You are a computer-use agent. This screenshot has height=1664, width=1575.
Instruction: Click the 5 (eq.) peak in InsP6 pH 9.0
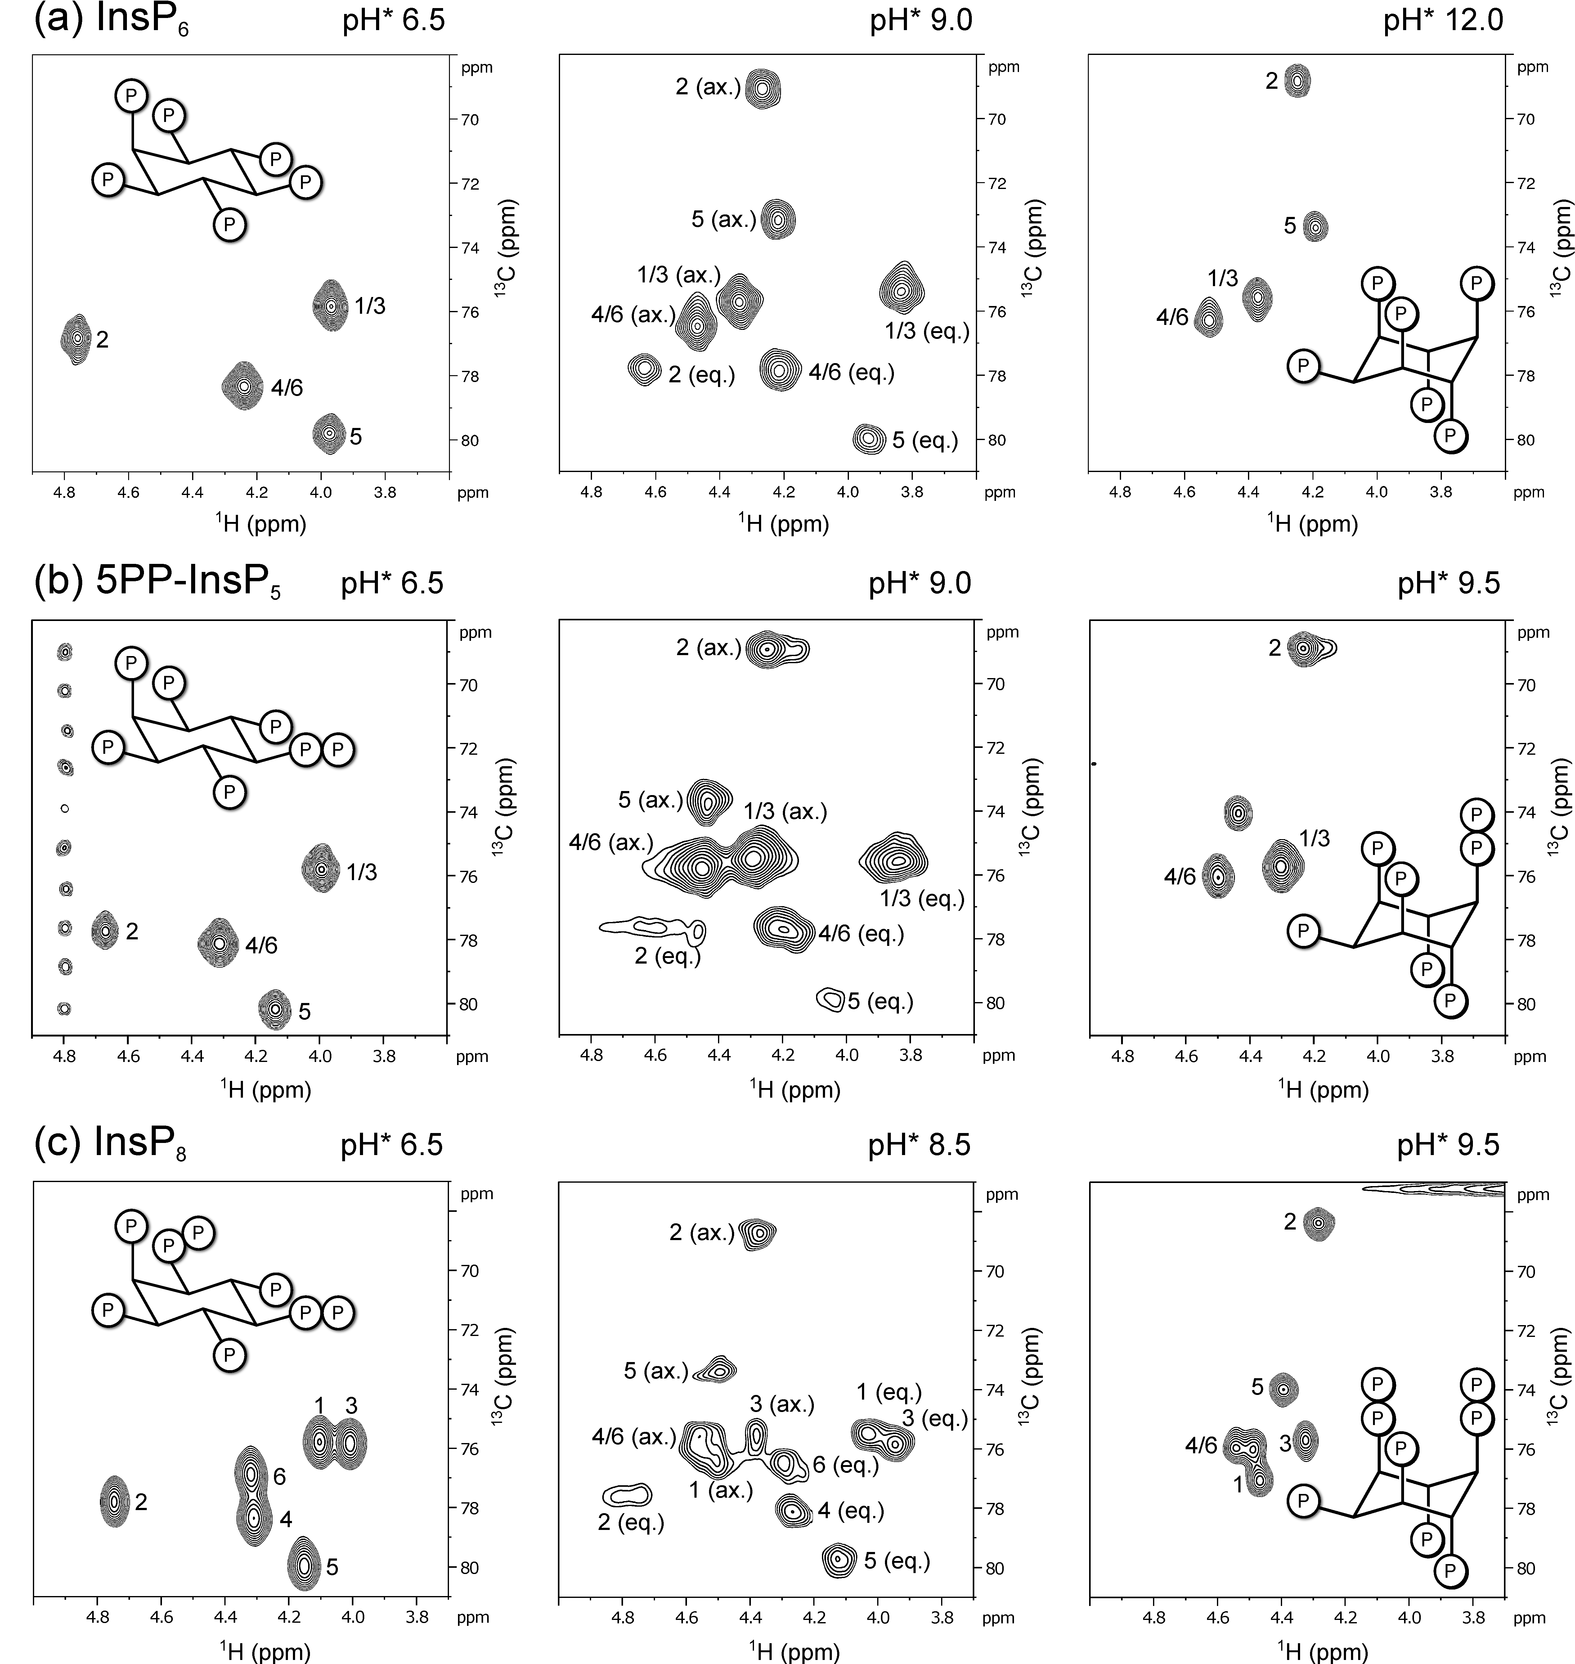(869, 438)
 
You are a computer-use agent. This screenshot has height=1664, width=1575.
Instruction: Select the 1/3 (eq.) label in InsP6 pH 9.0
(927, 331)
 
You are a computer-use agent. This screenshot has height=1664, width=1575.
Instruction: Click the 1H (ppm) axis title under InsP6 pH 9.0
(783, 525)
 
